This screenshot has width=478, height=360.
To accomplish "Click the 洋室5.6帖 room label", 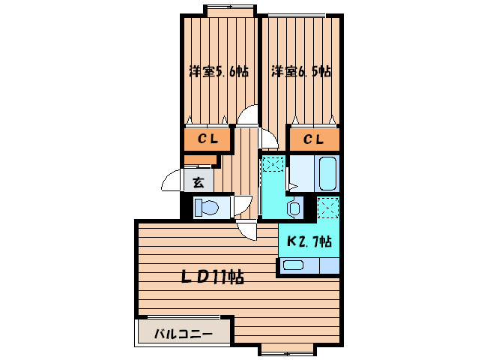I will click(x=218, y=72).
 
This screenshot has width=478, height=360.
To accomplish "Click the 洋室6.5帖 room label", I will click(x=300, y=72).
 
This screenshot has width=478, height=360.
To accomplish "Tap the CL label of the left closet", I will click(x=208, y=139).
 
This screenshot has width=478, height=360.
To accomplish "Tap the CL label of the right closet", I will click(x=314, y=139).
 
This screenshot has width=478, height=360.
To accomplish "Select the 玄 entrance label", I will click(x=198, y=181).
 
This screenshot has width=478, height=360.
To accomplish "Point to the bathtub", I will click(x=327, y=174).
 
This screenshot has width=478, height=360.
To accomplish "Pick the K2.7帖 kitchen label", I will click(x=309, y=241).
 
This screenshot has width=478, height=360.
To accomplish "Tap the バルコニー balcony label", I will click(x=184, y=334).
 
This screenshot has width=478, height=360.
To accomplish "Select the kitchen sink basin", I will click(x=293, y=264).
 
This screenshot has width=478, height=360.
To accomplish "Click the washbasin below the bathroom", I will click(x=294, y=208).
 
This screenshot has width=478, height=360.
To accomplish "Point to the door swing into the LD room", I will click(x=246, y=227).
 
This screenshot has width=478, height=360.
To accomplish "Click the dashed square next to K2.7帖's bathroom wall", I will click(x=328, y=206).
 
